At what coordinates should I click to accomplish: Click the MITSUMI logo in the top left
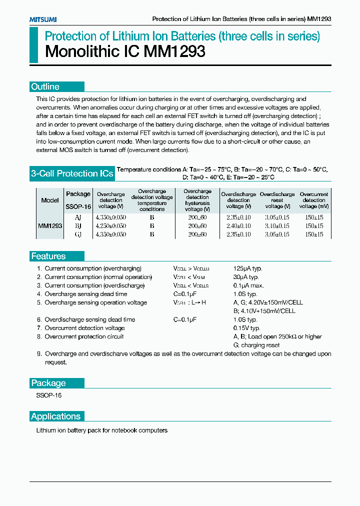(43, 19)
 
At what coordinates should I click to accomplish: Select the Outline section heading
(45, 87)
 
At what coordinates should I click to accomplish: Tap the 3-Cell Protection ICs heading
(72, 174)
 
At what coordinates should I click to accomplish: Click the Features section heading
(48, 256)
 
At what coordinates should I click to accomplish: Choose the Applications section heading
(55, 416)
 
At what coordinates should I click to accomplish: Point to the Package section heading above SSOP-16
(48, 383)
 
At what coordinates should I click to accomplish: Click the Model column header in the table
(50, 200)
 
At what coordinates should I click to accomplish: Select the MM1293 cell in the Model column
(50, 226)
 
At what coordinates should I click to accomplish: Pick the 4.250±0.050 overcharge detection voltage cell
(110, 226)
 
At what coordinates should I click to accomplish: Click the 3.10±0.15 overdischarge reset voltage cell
(277, 226)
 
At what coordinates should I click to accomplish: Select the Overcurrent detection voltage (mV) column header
(314, 200)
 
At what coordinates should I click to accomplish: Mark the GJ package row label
(78, 234)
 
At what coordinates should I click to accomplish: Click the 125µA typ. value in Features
(247, 268)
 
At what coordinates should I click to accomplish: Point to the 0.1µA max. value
(248, 285)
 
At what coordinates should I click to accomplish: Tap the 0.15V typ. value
(246, 328)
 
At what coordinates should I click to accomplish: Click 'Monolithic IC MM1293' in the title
(125, 52)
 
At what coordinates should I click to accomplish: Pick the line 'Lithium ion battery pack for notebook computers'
(102, 430)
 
